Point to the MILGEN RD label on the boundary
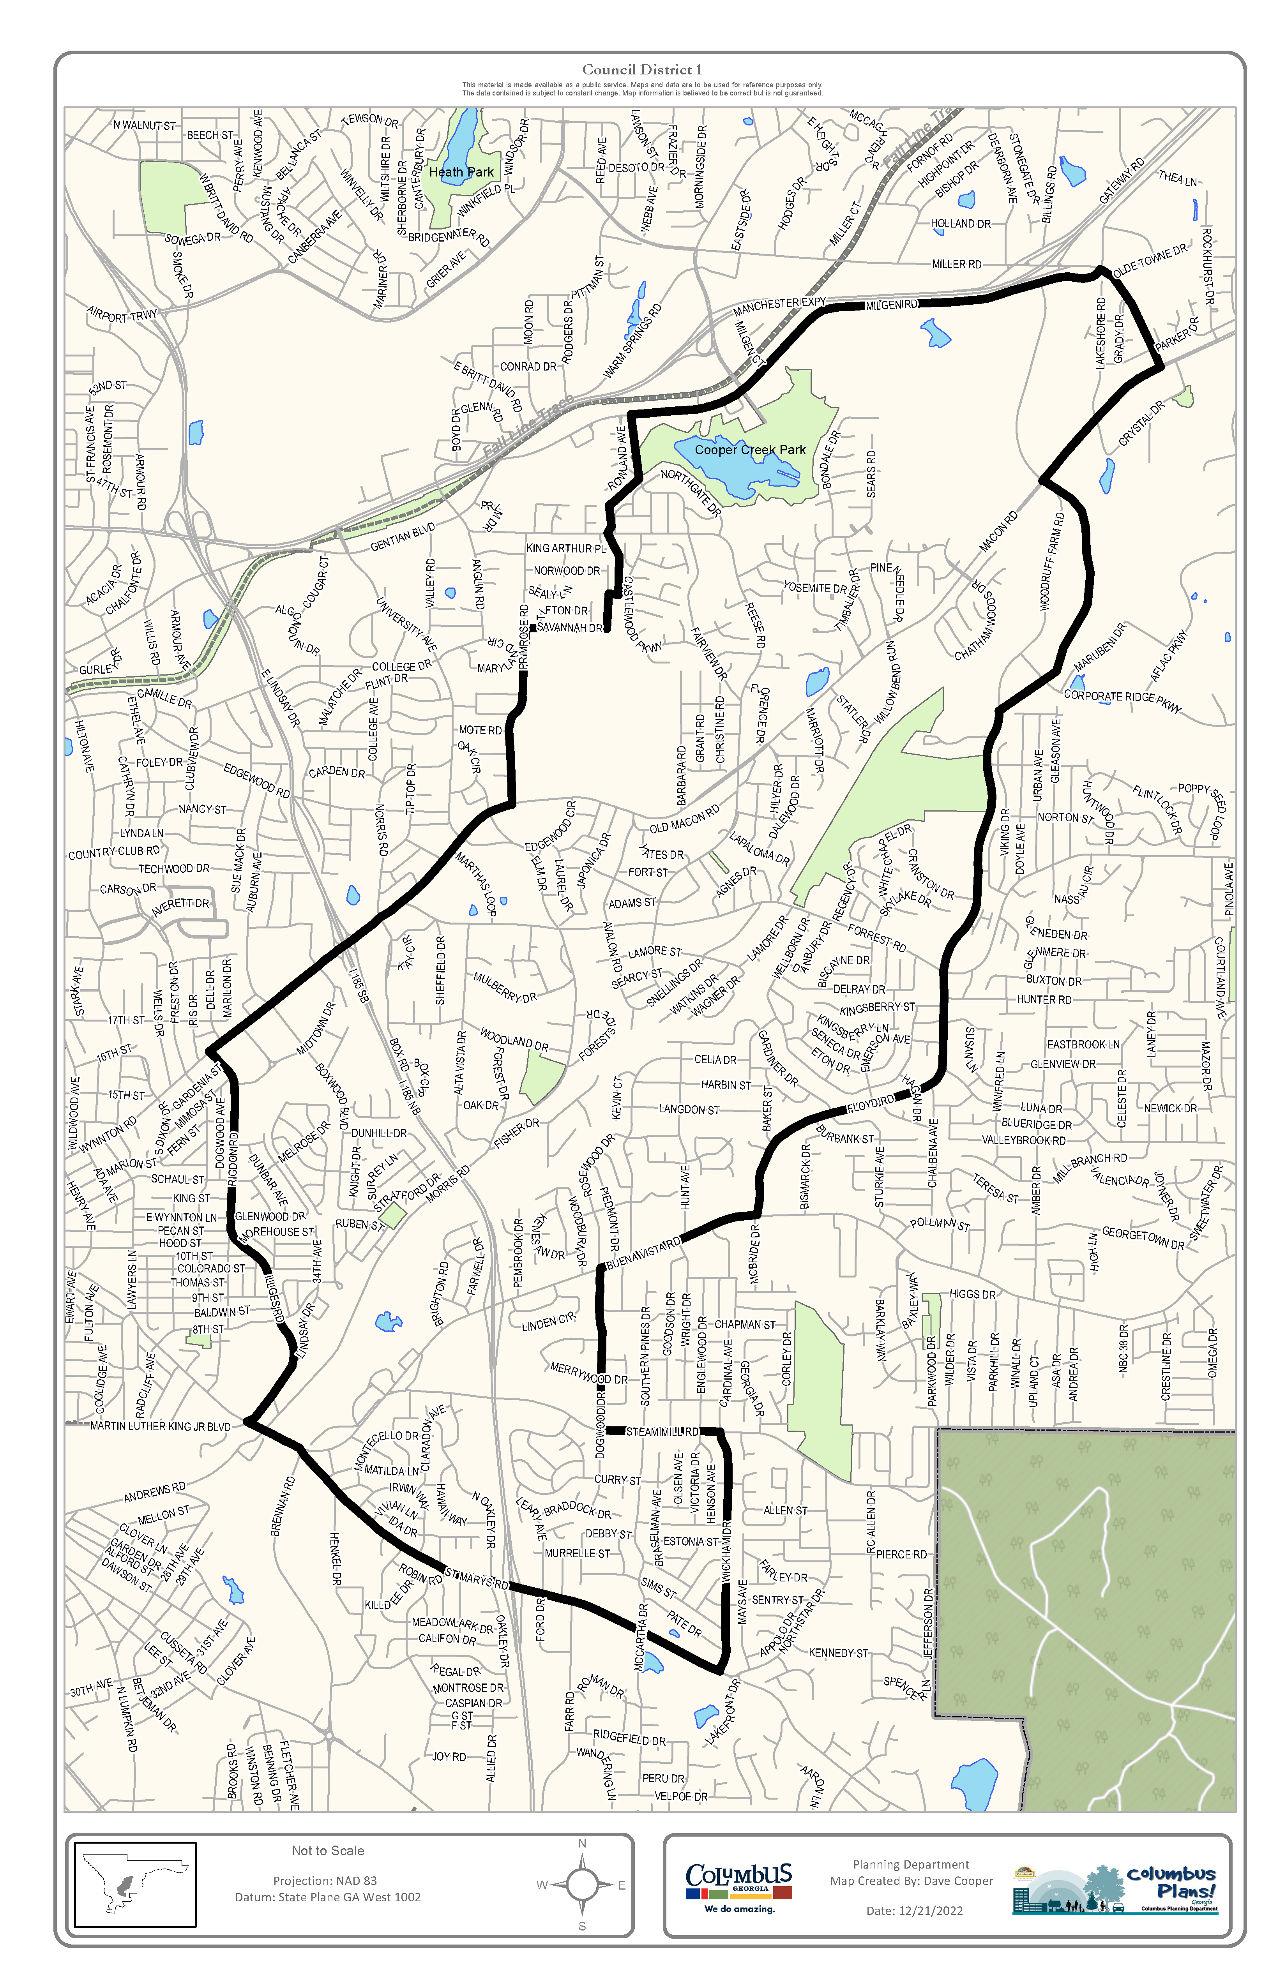(891, 305)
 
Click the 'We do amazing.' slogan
(739, 1909)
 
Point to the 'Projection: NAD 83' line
(325, 1881)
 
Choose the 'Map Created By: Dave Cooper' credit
(911, 1881)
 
